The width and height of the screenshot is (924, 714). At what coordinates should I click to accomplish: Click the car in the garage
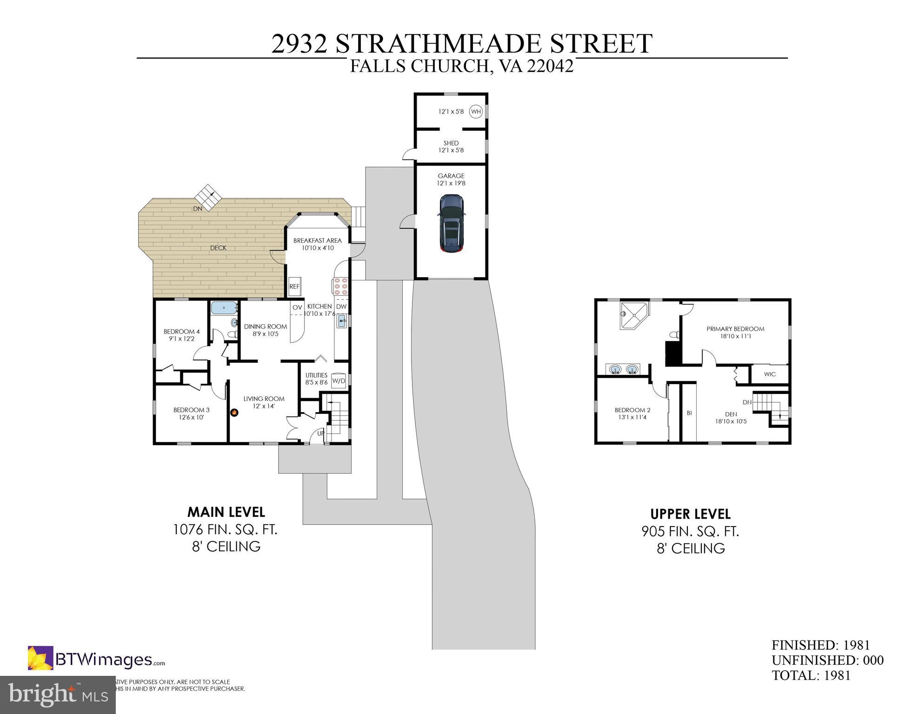451,223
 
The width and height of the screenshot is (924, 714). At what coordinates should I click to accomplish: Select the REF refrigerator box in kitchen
294,287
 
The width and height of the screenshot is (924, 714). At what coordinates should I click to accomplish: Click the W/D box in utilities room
339,381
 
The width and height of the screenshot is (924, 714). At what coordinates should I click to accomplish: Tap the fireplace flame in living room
235,413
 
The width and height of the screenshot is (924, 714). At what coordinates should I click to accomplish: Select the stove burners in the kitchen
340,286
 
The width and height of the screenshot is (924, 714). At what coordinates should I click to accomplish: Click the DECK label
218,248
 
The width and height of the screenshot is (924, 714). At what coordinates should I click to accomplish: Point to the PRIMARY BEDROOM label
735,329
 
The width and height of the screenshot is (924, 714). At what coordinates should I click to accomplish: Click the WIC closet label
770,374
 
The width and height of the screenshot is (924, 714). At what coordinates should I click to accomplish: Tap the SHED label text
451,143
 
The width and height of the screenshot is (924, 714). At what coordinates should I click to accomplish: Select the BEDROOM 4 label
181,332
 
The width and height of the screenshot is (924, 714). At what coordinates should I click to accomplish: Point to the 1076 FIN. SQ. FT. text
225,529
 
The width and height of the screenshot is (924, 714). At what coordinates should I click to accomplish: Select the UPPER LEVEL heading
690,514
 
